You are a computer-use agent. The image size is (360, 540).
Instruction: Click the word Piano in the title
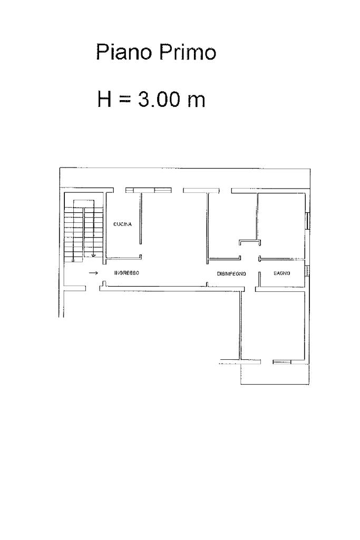[124, 52]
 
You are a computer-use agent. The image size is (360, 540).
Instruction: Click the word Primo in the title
[188, 52]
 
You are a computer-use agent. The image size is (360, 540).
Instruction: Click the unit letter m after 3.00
[197, 101]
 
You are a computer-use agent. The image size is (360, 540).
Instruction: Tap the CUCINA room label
[123, 224]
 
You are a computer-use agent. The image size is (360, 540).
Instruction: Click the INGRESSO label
[127, 273]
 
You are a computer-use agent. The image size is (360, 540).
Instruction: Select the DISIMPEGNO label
[231, 274]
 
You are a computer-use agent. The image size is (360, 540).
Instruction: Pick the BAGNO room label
[282, 273]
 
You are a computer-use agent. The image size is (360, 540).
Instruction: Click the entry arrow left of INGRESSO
[93, 273]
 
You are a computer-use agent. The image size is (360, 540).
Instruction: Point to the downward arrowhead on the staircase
[93, 256]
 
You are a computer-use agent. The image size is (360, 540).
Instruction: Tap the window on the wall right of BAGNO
[308, 271]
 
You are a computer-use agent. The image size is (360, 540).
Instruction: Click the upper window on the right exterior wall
[308, 221]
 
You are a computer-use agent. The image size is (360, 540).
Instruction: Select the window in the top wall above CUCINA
[149, 190]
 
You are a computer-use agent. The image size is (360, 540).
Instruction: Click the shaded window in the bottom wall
[282, 362]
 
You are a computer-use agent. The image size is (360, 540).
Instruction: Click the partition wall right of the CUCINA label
[141, 218]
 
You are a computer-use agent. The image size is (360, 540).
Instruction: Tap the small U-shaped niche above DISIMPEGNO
[249, 242]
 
